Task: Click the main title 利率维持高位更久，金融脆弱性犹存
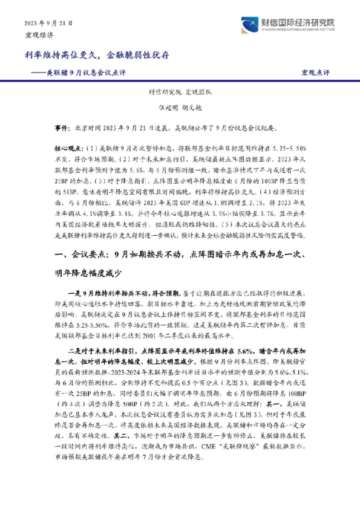coord(97,55)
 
